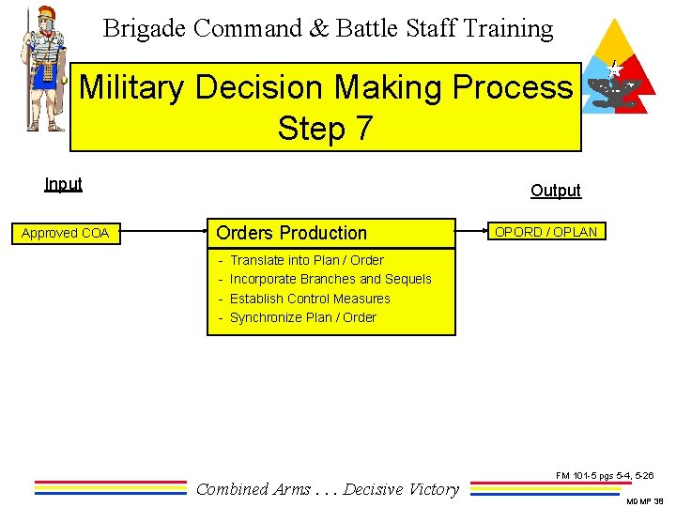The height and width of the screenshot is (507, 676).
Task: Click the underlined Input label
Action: click(63, 184)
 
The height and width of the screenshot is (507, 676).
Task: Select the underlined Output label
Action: click(555, 191)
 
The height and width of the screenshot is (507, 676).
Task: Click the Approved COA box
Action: click(66, 233)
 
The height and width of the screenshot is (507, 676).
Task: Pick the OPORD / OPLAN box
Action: click(545, 232)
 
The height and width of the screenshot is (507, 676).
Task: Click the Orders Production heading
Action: click(291, 233)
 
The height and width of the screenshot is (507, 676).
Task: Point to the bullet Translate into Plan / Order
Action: click(306, 260)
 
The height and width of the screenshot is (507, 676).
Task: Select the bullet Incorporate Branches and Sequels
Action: click(330, 279)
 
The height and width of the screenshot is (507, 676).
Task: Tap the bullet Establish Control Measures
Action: click(310, 299)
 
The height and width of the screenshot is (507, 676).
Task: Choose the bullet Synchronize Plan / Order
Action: click(302, 317)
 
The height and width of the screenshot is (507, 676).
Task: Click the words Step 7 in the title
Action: click(325, 128)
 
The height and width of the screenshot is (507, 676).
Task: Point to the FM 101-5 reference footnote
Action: click(605, 476)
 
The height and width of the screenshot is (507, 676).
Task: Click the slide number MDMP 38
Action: click(645, 500)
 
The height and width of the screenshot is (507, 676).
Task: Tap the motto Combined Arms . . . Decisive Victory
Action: click(328, 488)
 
